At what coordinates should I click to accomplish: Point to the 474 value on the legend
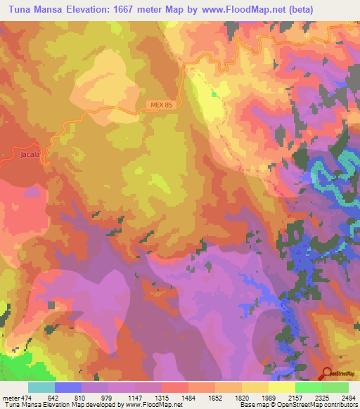pos(27,398)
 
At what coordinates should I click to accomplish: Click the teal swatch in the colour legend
pos(41,387)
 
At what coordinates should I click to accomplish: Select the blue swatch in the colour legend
pos(68,387)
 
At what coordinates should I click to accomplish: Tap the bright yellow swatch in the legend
pos(282,387)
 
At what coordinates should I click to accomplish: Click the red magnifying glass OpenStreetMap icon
pos(326,373)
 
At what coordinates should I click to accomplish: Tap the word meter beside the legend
pos(9,398)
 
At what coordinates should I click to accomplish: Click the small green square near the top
pos(214,93)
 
